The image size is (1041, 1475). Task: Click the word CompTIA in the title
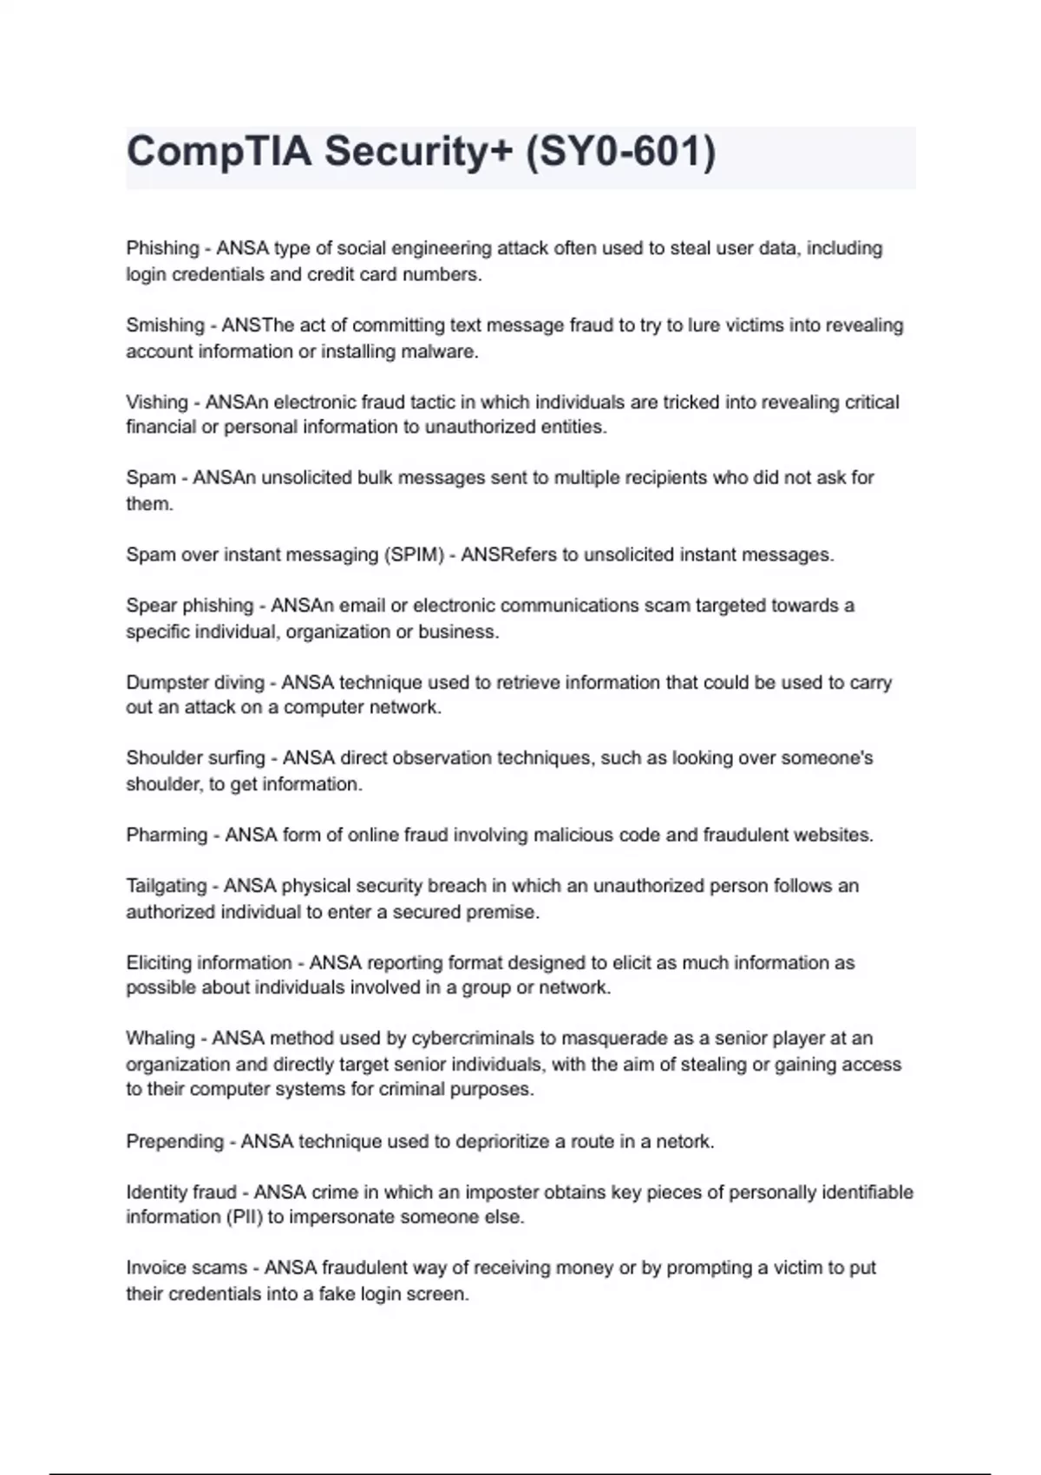(x=219, y=152)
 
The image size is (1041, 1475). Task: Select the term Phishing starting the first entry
(x=162, y=248)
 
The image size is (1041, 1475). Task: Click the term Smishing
(x=165, y=325)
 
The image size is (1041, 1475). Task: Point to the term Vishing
(x=157, y=402)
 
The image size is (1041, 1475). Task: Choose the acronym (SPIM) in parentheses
(x=413, y=554)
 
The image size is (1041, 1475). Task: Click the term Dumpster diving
(x=195, y=682)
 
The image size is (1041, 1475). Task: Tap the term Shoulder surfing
(x=195, y=757)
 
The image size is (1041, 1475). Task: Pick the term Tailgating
(x=167, y=886)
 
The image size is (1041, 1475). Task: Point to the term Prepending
(x=174, y=1141)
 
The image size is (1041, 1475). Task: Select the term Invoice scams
(x=187, y=1268)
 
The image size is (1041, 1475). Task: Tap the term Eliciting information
(x=209, y=962)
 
